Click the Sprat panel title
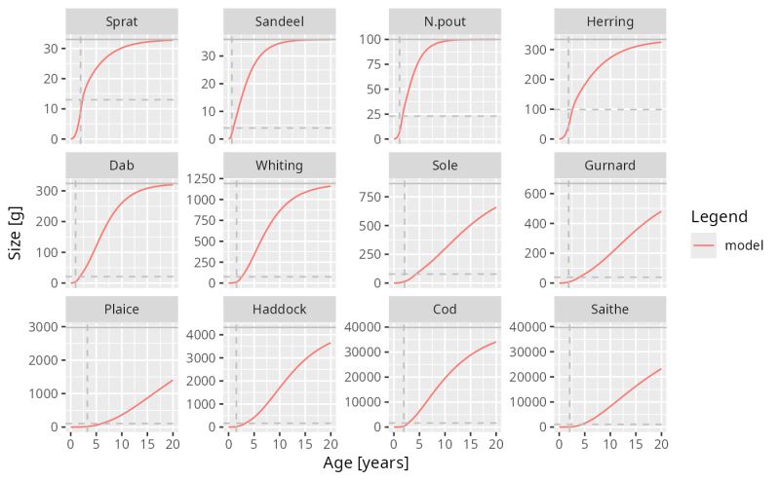pyautogui.click(x=122, y=21)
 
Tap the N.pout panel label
pyautogui.click(x=445, y=21)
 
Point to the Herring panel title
pyautogui.click(x=610, y=21)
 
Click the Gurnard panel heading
pyautogui.click(x=610, y=166)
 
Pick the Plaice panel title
pyautogui.click(x=122, y=310)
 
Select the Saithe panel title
pyautogui.click(x=610, y=310)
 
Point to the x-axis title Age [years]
pyautogui.click(x=366, y=463)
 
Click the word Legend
pyautogui.click(x=717, y=216)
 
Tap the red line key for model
pyautogui.click(x=704, y=245)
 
